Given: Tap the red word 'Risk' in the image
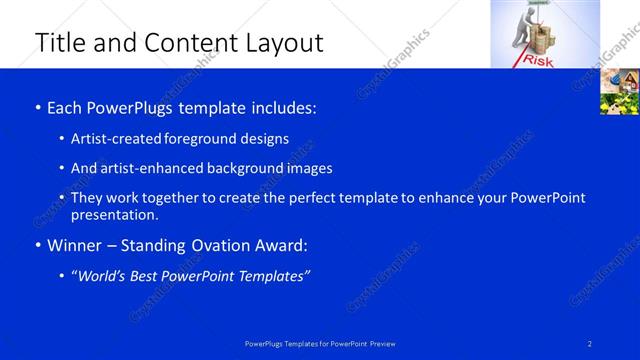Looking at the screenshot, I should tap(537, 61).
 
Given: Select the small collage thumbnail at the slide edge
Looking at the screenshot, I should tap(619, 92).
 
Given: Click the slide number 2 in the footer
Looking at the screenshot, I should tap(590, 344).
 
